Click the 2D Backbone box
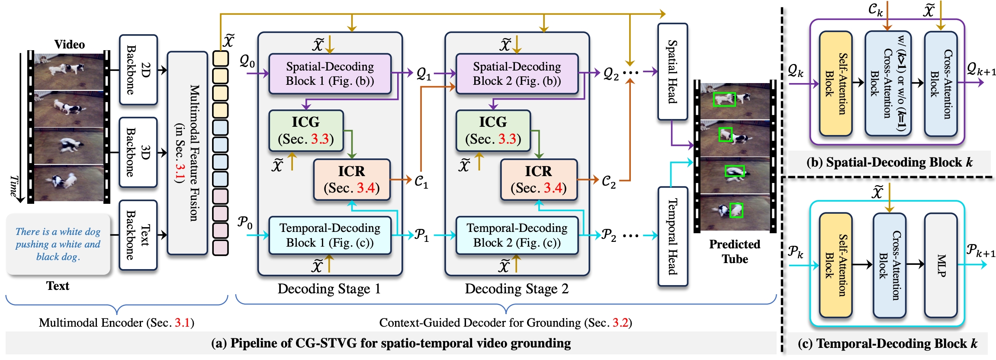(138, 70)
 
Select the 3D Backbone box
(138, 152)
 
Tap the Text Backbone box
(138, 235)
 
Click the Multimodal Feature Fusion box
(187, 153)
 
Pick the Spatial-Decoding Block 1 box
(330, 74)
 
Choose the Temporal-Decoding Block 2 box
(517, 235)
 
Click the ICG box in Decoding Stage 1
(306, 130)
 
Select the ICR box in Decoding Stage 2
(539, 180)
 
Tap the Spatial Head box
(672, 71)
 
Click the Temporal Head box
(672, 236)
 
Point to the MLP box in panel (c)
(941, 265)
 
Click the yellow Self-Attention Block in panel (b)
(835, 84)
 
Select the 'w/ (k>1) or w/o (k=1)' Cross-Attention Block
(888, 84)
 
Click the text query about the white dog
(58, 244)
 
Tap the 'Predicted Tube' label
(735, 251)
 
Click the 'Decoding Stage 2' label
(517, 289)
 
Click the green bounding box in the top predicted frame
(724, 100)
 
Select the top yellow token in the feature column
(221, 59)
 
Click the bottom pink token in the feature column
(221, 247)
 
